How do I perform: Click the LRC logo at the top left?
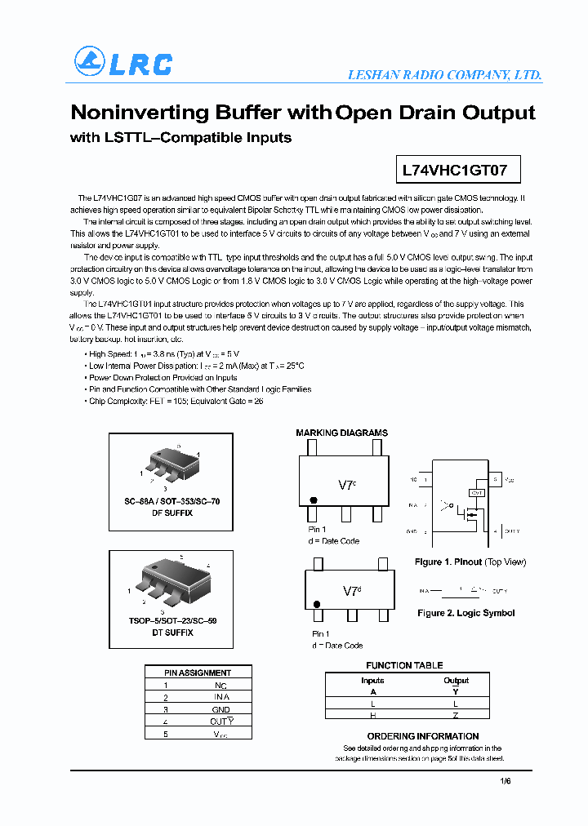click(123, 63)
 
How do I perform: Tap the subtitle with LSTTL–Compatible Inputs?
click(180, 138)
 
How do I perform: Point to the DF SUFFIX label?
click(172, 513)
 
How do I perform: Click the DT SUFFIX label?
click(172, 633)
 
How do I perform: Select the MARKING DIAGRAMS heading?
click(341, 433)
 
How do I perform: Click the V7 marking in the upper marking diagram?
click(347, 485)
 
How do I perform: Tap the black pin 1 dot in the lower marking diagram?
click(317, 605)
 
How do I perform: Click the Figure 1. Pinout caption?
click(470, 562)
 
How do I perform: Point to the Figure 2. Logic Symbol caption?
click(465, 613)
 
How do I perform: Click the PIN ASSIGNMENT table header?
click(198, 673)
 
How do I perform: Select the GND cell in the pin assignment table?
click(220, 709)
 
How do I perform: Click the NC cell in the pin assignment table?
click(220, 686)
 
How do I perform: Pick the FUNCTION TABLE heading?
click(404, 665)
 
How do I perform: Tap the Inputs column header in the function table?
click(372, 680)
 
